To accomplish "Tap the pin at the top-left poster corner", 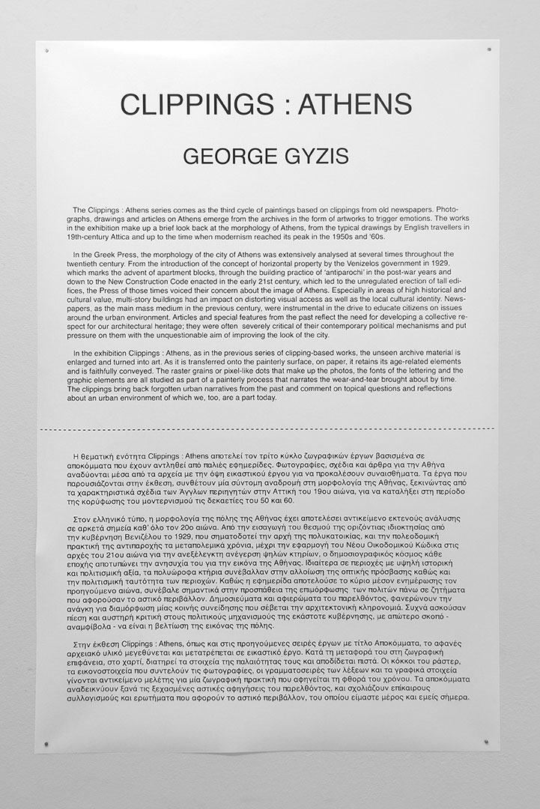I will [47, 51].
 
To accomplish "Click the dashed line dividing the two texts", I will [270, 430].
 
